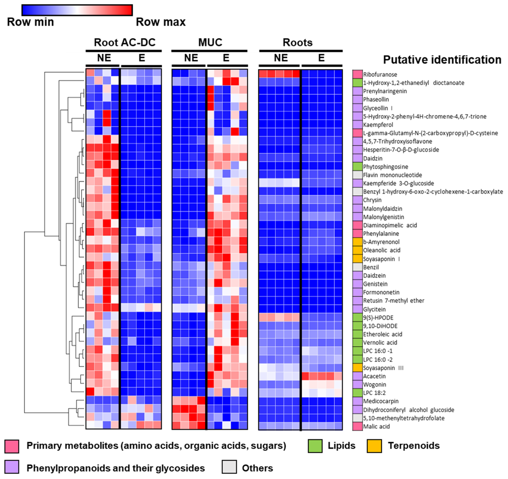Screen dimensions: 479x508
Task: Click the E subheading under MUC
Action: [226, 58]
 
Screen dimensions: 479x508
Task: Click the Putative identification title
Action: [442, 60]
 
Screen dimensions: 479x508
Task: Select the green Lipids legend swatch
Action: [315, 446]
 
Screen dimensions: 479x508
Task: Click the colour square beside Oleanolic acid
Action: [357, 250]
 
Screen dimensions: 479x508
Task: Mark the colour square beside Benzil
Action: [357, 267]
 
